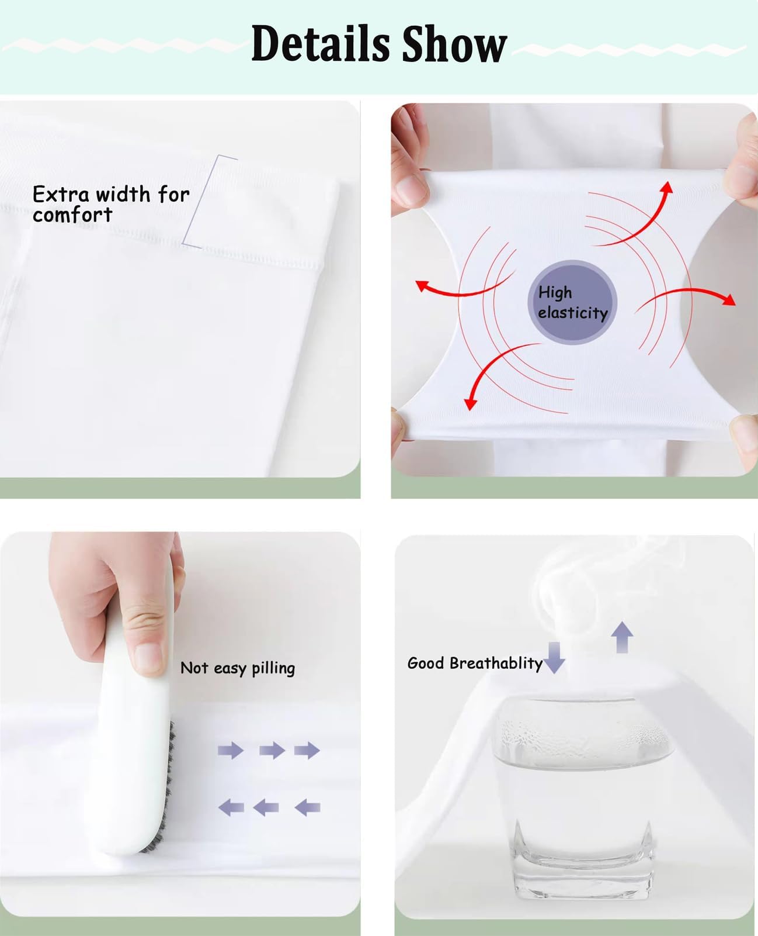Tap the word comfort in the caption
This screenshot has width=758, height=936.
[72, 215]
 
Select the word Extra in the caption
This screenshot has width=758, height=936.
[60, 194]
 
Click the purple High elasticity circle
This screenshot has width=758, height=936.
[572, 302]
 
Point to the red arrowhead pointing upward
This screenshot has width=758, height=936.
[667, 186]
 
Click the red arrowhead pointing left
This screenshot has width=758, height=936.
[422, 286]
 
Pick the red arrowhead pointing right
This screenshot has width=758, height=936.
[729, 300]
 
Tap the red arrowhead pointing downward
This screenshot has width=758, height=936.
[471, 404]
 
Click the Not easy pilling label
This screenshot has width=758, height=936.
[238, 668]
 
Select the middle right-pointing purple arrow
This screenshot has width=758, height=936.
[272, 750]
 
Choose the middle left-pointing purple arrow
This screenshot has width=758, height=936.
[266, 807]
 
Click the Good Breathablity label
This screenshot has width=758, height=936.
[475, 663]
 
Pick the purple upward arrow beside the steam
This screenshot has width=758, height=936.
[622, 637]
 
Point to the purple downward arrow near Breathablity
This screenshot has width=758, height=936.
[554, 658]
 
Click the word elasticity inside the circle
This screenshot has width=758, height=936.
[573, 313]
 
